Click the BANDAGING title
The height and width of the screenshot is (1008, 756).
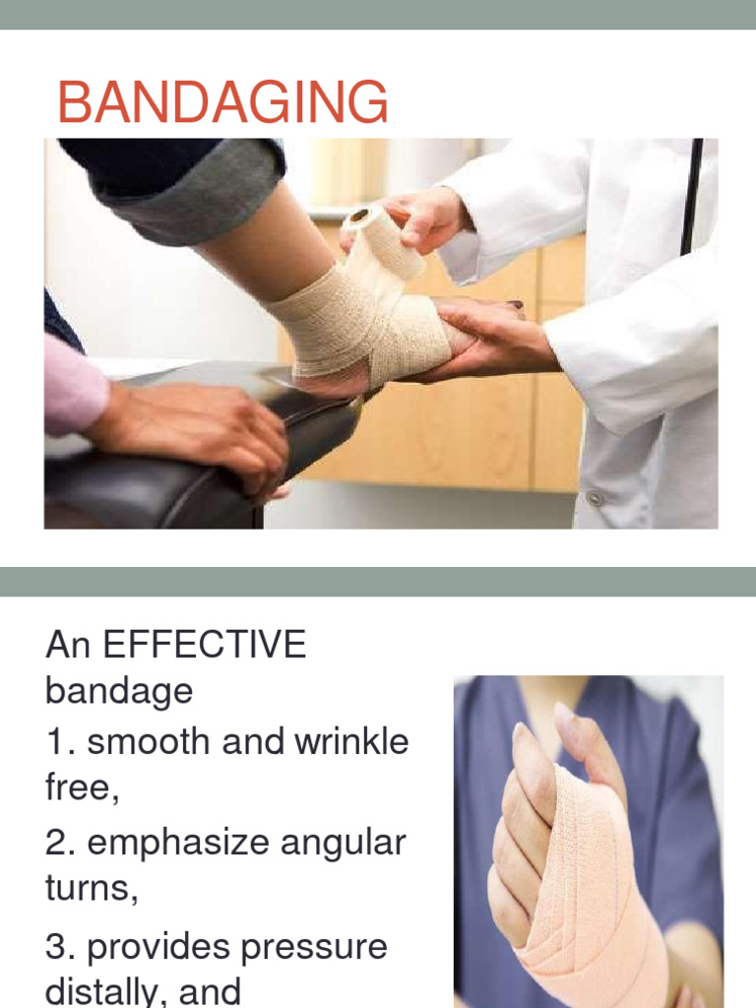click(222, 103)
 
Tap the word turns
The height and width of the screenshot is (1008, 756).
click(86, 889)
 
